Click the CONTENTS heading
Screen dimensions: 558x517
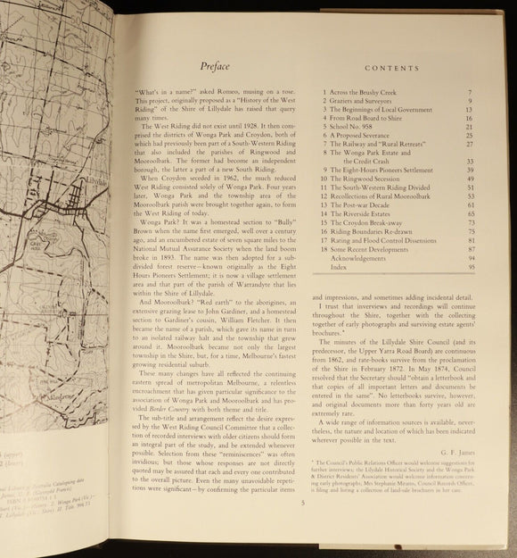coord(390,67)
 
